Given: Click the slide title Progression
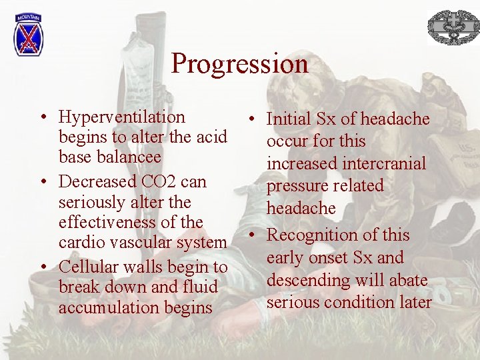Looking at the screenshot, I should pyautogui.click(x=239, y=64).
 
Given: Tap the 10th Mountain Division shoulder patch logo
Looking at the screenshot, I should pyautogui.click(x=27, y=35).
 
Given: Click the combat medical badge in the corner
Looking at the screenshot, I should pyautogui.click(x=453, y=27).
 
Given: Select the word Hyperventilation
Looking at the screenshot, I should pyautogui.click(x=122, y=117).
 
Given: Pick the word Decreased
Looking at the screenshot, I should pyautogui.click(x=97, y=181).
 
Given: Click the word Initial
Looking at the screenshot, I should pyautogui.click(x=289, y=119).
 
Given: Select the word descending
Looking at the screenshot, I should pyautogui.click(x=303, y=280).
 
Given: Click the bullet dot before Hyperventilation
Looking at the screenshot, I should pyautogui.click(x=42, y=118).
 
